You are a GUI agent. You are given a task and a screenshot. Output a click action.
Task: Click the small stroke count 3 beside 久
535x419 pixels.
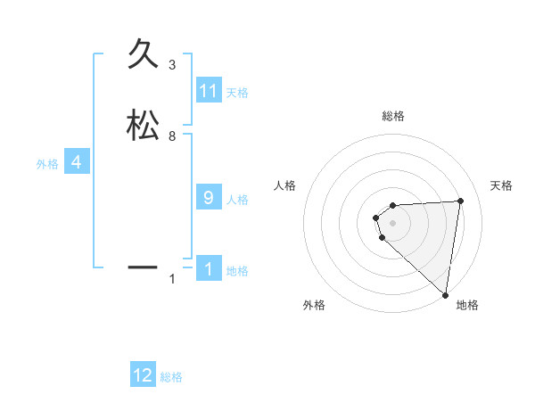(x=171, y=65)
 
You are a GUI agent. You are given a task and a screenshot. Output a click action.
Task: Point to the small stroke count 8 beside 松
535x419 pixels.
(x=171, y=136)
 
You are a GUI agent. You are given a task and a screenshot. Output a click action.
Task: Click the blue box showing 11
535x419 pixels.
(x=209, y=91)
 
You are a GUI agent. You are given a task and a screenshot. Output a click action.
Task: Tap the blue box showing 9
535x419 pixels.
(x=209, y=198)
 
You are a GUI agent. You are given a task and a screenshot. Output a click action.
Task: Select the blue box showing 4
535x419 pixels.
(x=77, y=162)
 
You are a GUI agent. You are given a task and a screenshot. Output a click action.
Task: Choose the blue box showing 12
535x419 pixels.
(x=143, y=375)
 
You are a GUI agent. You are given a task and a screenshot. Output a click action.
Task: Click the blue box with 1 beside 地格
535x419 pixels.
(x=209, y=269)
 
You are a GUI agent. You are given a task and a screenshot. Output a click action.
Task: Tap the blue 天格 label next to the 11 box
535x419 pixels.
(x=237, y=93)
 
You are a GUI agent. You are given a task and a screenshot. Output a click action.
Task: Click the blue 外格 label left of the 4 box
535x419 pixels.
(x=46, y=164)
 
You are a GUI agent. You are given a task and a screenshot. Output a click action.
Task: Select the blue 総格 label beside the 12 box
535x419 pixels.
(x=171, y=377)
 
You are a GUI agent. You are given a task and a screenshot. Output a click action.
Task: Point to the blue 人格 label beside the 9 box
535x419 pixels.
(x=237, y=200)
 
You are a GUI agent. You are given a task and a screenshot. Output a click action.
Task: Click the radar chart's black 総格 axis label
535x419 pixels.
(x=393, y=116)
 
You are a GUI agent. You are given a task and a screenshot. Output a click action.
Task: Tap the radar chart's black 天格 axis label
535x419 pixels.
(x=501, y=185)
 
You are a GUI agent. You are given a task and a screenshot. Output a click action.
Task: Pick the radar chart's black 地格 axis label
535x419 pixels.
(x=466, y=306)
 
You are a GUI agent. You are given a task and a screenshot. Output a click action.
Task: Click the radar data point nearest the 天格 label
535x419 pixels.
(x=460, y=201)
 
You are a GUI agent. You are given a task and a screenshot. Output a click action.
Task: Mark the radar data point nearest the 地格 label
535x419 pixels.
(x=445, y=294)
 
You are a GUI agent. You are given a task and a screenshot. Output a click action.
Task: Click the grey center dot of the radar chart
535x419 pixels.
(x=393, y=222)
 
